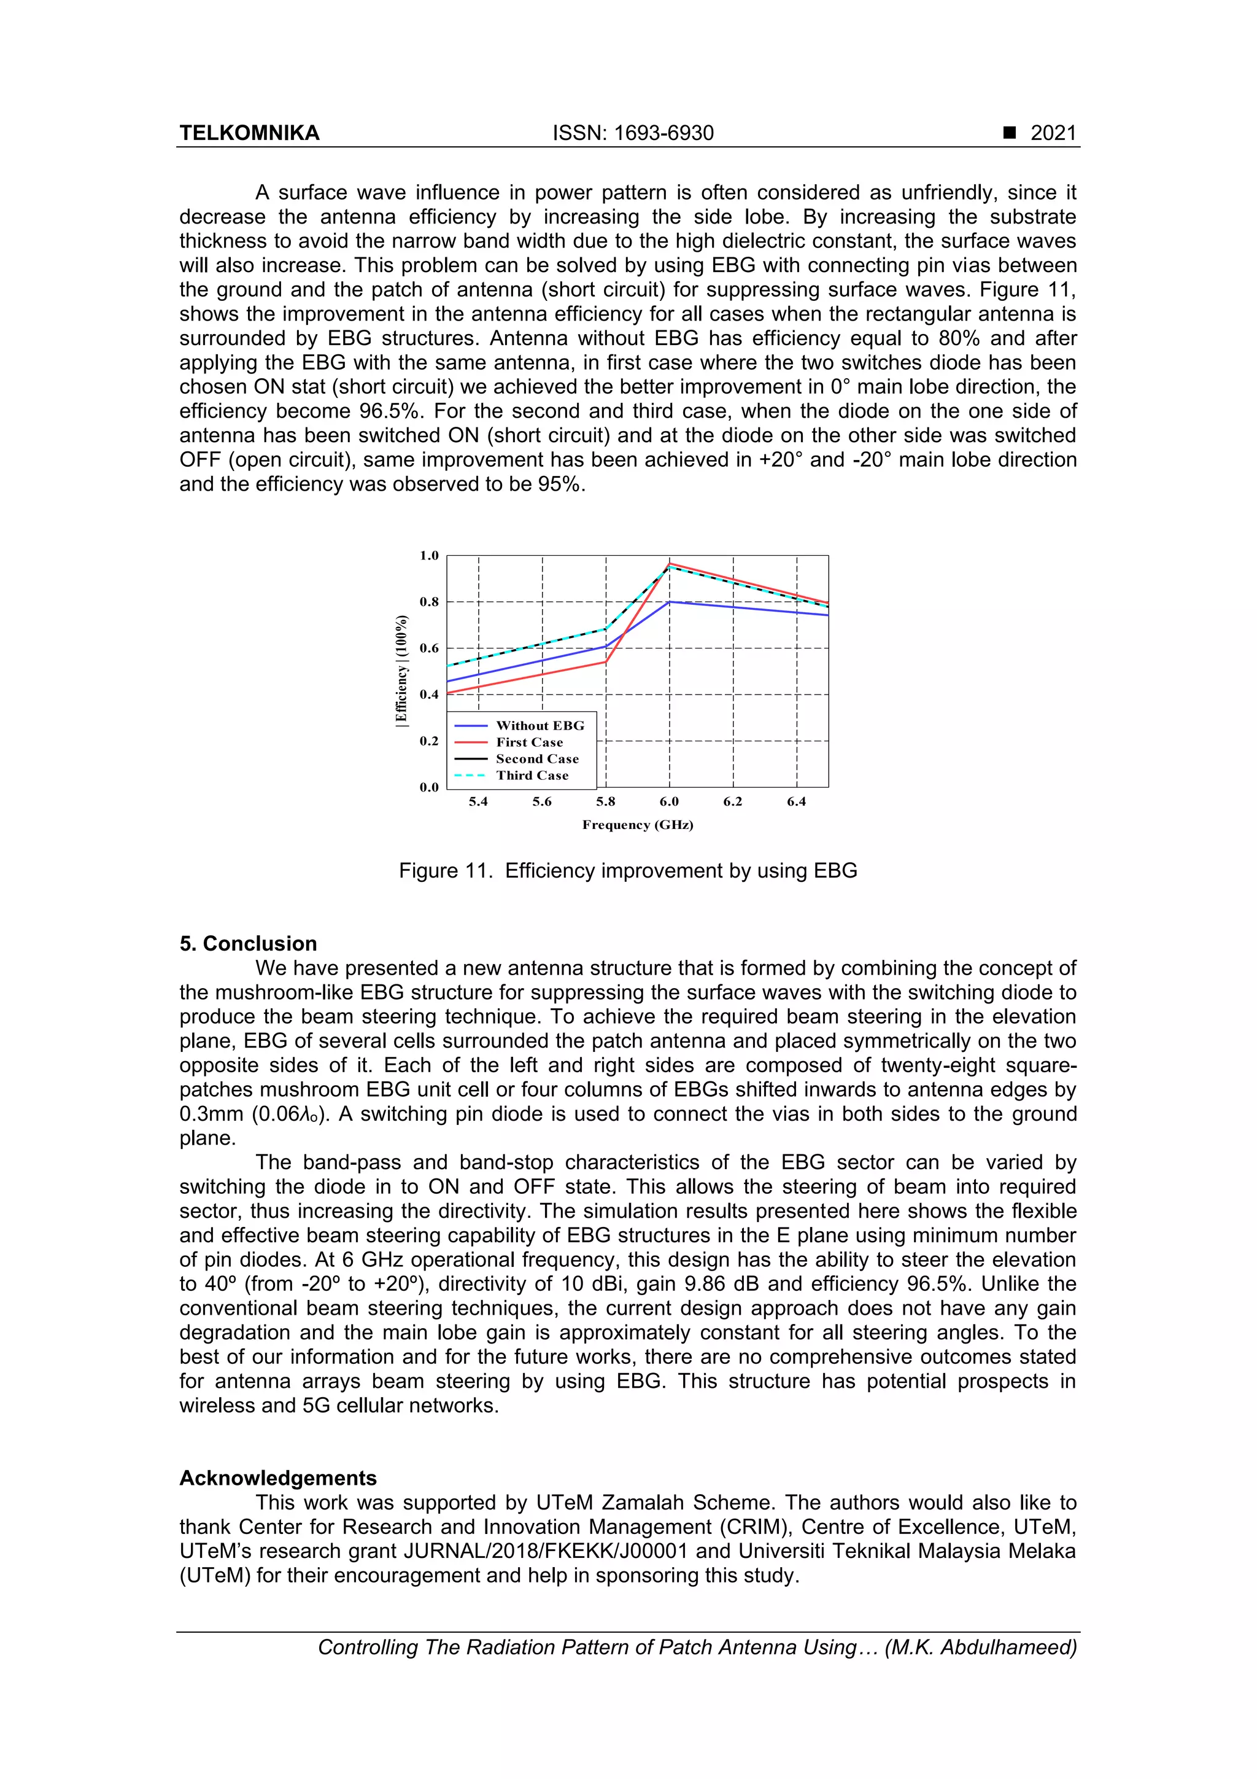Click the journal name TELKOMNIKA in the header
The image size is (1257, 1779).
(x=249, y=133)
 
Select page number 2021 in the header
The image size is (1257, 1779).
(x=1053, y=133)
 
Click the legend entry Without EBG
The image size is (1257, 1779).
(x=540, y=726)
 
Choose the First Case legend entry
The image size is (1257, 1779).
(x=530, y=742)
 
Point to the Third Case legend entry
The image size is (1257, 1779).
(x=532, y=776)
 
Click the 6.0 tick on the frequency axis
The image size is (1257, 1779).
(x=669, y=802)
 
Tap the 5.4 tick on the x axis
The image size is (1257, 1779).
(x=478, y=802)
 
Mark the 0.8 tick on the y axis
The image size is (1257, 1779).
(x=429, y=602)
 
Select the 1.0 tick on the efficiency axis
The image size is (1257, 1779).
(x=429, y=556)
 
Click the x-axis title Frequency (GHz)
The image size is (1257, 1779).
(x=638, y=825)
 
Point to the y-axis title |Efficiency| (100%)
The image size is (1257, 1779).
(x=401, y=671)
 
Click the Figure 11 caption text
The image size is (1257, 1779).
(x=627, y=871)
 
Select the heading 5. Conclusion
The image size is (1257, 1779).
(x=248, y=944)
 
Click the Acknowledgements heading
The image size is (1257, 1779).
(x=278, y=1478)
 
